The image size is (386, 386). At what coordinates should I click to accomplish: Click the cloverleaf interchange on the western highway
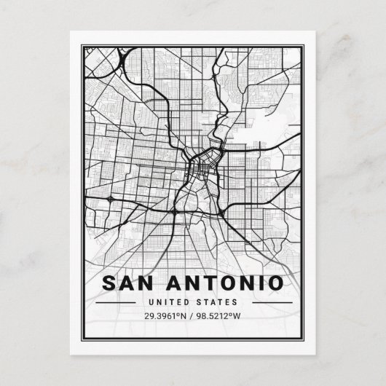[109, 197]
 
